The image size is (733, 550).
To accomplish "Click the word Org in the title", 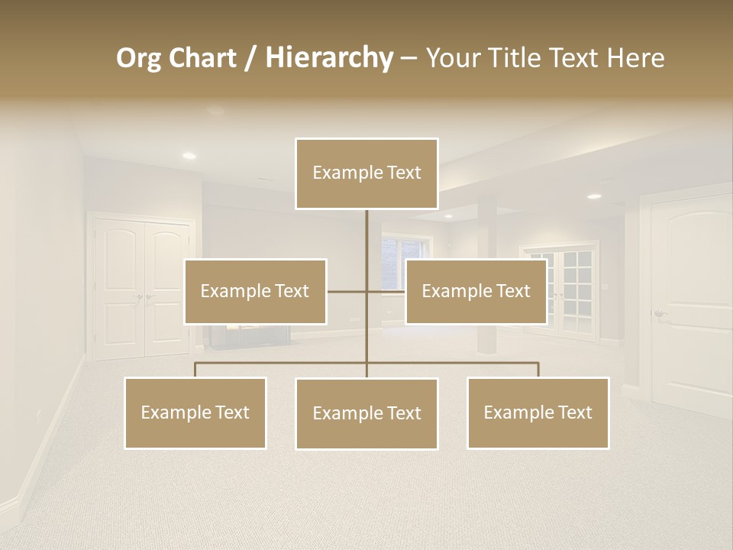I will [x=138, y=58].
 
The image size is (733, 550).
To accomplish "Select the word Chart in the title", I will [x=202, y=58].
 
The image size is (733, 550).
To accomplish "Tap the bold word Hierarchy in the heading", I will [x=328, y=58].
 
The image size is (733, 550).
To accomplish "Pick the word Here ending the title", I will [x=635, y=58].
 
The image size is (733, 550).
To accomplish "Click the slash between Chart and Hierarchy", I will [x=250, y=59].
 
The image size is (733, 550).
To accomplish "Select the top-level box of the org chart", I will [x=366, y=173].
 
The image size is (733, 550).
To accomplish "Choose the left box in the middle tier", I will [x=255, y=292].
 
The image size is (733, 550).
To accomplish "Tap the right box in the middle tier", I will [x=476, y=292].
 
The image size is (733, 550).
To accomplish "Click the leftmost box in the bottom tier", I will [x=195, y=413].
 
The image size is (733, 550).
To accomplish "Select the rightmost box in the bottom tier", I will [x=538, y=413].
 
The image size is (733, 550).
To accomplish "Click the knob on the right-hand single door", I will [x=658, y=313].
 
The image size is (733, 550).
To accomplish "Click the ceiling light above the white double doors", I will [x=189, y=156].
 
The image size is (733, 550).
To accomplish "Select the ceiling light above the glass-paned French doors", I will [x=594, y=196].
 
